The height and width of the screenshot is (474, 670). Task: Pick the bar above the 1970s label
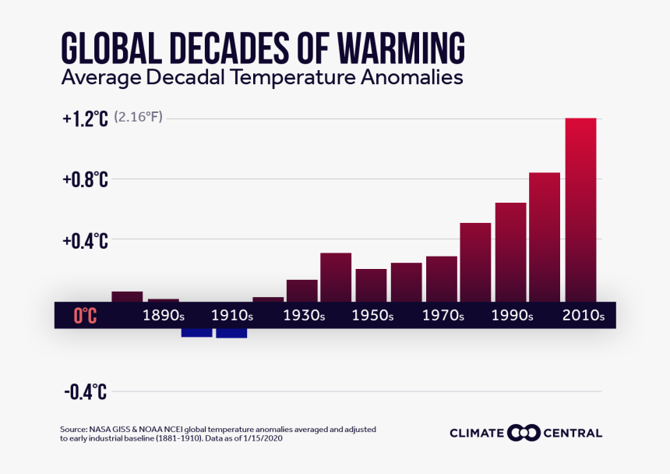[441, 278]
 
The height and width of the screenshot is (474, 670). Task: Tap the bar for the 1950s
[371, 285]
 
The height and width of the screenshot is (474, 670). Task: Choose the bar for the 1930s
[301, 290]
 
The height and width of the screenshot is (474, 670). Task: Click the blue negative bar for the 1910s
[231, 333]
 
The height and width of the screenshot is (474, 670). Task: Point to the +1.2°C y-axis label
[85, 119]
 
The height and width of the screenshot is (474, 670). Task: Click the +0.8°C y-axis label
[85, 180]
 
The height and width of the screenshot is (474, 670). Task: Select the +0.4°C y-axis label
[85, 241]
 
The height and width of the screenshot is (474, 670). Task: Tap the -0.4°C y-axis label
[85, 392]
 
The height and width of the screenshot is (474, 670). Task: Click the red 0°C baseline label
[85, 316]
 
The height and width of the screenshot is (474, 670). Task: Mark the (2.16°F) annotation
[138, 118]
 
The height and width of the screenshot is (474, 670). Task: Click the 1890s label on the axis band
[163, 317]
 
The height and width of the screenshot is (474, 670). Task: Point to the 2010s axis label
[583, 317]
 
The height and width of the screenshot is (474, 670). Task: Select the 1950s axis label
[373, 317]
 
